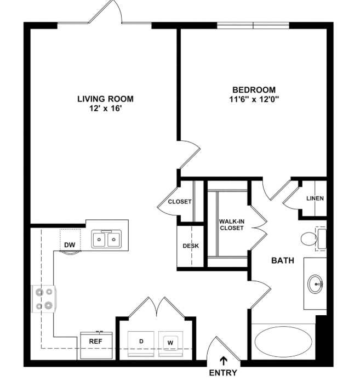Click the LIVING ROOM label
[105, 99]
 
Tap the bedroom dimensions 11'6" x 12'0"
[254, 99]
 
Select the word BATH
[283, 260]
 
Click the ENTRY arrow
[223, 361]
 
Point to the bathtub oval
[283, 342]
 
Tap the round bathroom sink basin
[315, 284]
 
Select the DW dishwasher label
[70, 245]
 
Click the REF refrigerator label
[96, 342]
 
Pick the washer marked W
[170, 343]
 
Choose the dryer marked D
[141, 343]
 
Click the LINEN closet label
[315, 198]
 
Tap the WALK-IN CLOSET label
[231, 225]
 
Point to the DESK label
[191, 246]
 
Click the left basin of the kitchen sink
[99, 240]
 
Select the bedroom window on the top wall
[253, 26]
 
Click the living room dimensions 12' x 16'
[105, 109]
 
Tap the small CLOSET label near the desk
[180, 202]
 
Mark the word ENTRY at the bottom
[223, 373]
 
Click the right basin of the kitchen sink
[113, 240]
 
